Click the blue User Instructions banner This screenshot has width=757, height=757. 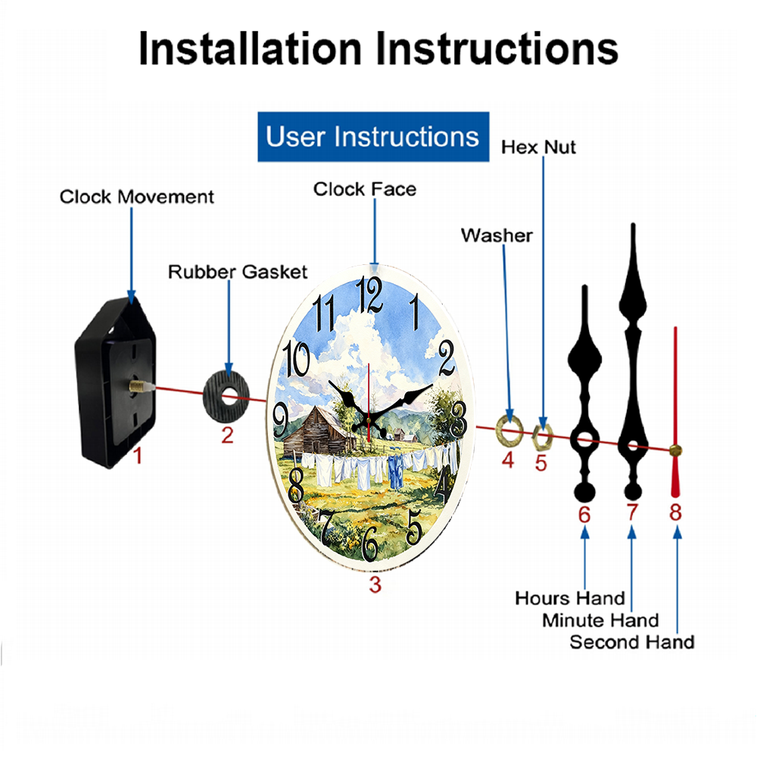pos(373,136)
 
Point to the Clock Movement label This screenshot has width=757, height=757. pos(136,197)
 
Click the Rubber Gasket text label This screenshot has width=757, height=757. pos(238,272)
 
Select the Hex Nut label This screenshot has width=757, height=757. pos(538,147)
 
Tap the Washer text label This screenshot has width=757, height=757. pos(497,235)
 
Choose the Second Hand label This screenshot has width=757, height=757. pos(632,642)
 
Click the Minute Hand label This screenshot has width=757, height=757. pos(600,621)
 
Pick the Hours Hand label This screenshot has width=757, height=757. pos(570,598)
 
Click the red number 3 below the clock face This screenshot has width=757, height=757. pos(375,584)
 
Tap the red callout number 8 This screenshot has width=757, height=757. pos(675,512)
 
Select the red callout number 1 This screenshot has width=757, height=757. pos(138,455)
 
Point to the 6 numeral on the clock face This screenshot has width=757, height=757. pos(370,544)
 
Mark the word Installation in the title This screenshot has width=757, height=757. pos(250,48)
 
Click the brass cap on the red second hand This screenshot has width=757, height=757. pos(675,450)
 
